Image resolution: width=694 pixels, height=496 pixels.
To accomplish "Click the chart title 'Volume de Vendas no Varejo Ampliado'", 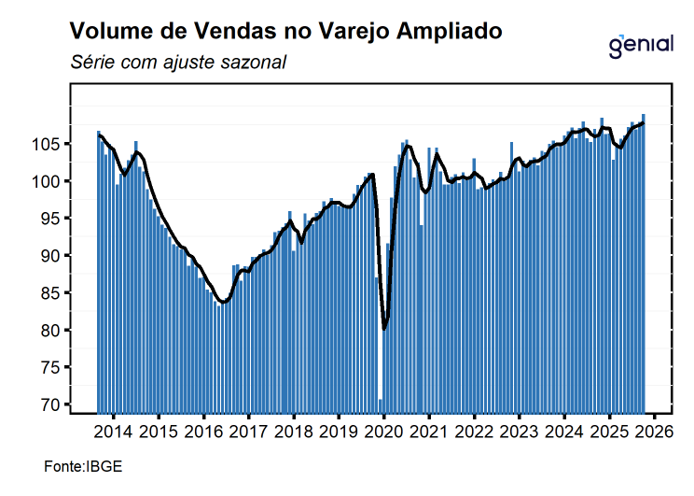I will (286, 31).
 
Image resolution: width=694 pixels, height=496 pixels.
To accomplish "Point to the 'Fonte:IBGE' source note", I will (83, 466).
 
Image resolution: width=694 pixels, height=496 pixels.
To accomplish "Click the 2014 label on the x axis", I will (113, 433).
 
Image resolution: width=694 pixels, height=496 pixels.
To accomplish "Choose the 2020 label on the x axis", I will (383, 433).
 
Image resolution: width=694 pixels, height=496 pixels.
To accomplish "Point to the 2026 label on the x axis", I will (654, 433).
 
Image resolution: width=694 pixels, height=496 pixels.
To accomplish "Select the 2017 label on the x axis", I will (248, 433).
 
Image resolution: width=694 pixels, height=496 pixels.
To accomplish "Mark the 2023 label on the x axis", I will (519, 433).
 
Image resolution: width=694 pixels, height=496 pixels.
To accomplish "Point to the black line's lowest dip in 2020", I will (384, 329).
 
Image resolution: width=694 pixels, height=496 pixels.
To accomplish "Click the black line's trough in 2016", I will (223, 302).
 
